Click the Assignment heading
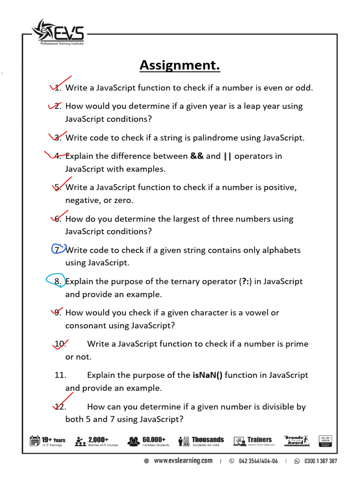point(180,66)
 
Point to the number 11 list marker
point(60,375)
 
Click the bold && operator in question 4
point(197,156)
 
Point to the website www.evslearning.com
point(183,461)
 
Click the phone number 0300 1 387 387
point(320,461)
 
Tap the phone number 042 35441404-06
point(258,461)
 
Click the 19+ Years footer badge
point(48,441)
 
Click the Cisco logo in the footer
point(325,441)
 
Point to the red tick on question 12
point(61,403)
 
